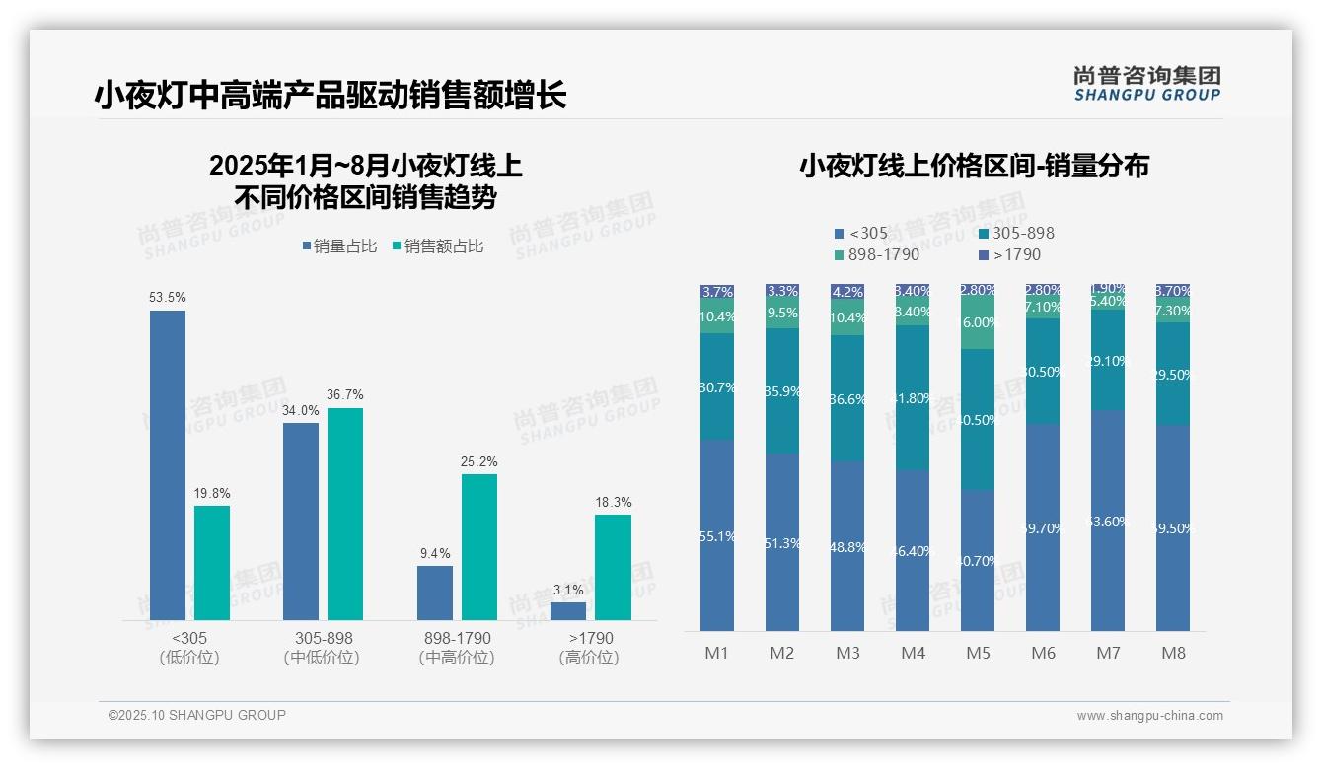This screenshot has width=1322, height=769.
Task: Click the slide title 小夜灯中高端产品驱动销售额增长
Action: [x=330, y=95]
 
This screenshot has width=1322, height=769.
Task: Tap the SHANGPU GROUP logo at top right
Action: [x=1146, y=83]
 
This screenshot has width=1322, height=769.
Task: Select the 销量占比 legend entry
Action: [x=339, y=246]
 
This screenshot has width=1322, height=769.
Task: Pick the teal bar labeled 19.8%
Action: [x=212, y=563]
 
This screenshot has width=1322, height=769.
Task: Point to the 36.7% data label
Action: [x=344, y=394]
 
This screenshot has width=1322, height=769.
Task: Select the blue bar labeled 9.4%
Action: [x=435, y=593]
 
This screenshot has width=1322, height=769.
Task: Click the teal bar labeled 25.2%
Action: [x=479, y=547]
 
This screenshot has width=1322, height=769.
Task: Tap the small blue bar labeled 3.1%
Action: [x=568, y=610]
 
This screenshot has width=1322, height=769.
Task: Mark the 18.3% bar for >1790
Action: [x=613, y=567]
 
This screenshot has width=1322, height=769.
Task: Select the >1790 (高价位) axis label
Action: [x=589, y=647]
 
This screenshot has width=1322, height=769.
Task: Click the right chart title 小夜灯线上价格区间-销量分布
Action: [x=974, y=167]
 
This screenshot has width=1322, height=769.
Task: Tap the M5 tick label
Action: [x=978, y=653]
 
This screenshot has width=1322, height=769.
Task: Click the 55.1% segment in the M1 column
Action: [x=717, y=535]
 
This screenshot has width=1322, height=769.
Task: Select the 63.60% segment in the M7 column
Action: [x=1108, y=521]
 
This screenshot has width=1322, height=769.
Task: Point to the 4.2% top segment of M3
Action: [x=847, y=292]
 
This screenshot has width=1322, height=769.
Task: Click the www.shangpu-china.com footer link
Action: [x=1149, y=716]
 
